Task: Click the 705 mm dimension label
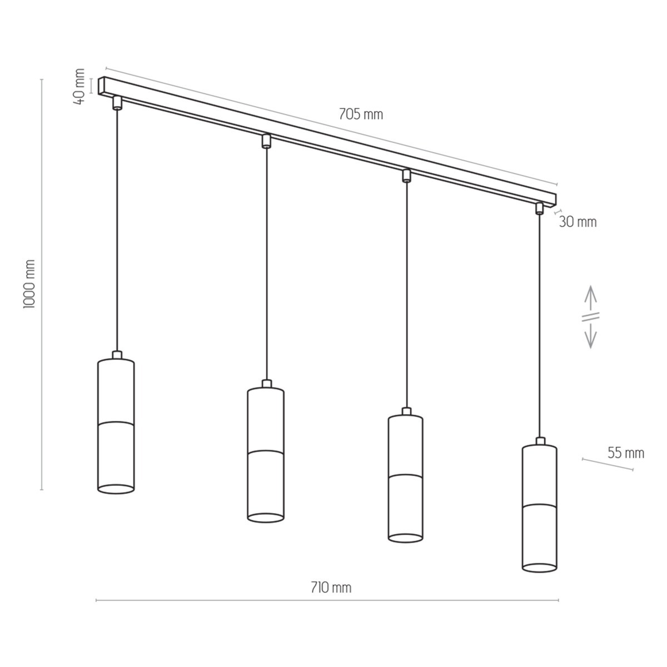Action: coord(361,115)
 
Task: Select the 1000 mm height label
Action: coord(30,283)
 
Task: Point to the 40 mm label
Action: coord(79,86)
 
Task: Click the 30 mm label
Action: coord(578,222)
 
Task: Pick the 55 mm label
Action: coord(625,453)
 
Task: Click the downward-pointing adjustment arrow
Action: coord(590,336)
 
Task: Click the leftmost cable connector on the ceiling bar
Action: coord(117,103)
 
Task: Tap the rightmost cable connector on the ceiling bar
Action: coord(539,208)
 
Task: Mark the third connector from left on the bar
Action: coord(406,176)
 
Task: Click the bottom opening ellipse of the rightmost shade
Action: coord(539,567)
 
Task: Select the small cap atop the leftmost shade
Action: coord(116,355)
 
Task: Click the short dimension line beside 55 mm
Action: coord(607,465)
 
